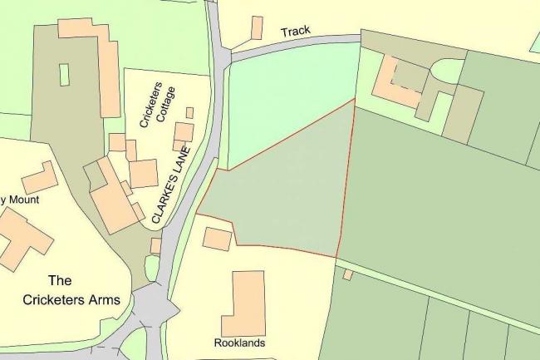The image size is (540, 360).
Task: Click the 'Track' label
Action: [295, 32]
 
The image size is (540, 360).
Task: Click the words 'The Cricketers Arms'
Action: [82, 289]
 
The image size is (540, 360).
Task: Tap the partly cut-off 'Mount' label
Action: [20, 200]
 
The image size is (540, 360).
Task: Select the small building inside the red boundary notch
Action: [217, 238]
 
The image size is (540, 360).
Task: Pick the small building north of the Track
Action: [257, 27]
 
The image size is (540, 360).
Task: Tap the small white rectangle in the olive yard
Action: [65, 74]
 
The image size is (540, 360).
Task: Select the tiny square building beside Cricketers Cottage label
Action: [189, 112]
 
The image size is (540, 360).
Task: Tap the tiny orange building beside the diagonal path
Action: [347, 274]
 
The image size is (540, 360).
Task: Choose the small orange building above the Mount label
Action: [39, 177]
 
